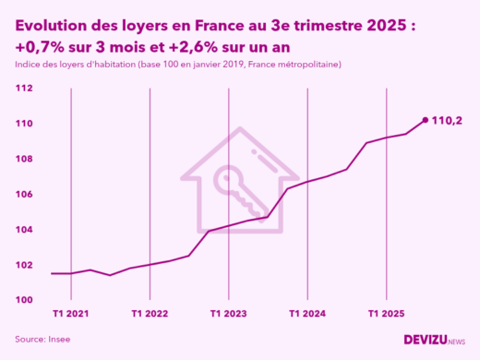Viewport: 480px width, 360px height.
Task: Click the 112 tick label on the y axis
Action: pos(25,89)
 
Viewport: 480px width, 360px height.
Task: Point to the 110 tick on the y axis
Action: pos(25,124)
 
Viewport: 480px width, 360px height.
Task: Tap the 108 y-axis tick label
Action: pos(25,159)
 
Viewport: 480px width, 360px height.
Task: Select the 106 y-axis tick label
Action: pos(25,195)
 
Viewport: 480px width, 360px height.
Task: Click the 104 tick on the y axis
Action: pos(25,230)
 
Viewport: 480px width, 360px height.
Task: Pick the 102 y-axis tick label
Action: pos(25,265)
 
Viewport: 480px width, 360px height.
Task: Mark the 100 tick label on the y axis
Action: pos(25,300)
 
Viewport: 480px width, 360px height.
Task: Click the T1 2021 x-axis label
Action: pos(71,314)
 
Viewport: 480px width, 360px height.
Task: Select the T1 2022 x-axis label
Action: pos(150,314)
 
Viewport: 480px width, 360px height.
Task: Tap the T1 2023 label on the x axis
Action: pos(230,314)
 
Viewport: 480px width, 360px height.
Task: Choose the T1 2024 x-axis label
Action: pos(308,314)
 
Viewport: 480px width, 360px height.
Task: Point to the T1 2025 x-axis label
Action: pos(387,314)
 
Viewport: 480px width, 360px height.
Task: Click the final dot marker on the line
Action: pos(425,120)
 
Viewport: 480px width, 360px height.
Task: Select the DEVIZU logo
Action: pos(434,339)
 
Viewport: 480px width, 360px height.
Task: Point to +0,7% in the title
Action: pos(36,47)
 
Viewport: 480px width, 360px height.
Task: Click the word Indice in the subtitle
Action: pos(28,65)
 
